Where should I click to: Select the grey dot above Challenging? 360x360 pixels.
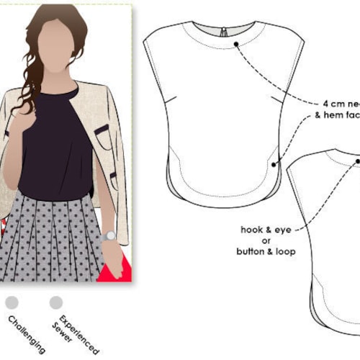(12, 302)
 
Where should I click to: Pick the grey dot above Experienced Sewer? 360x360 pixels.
(55, 302)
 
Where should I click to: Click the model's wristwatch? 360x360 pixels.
(108, 235)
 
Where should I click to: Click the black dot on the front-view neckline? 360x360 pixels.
(236, 45)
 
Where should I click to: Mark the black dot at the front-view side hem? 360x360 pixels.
(274, 164)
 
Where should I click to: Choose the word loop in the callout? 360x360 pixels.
(285, 251)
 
